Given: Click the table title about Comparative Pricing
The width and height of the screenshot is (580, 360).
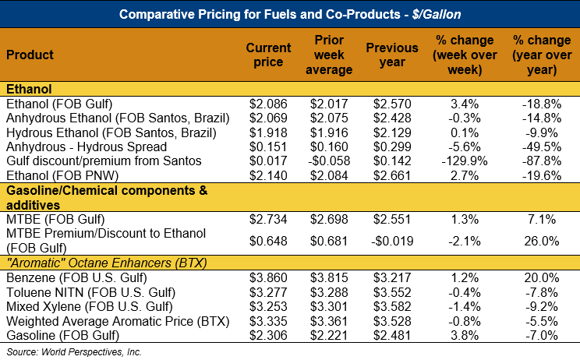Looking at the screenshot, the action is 290,14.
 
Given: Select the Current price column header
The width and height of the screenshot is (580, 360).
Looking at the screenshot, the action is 268,55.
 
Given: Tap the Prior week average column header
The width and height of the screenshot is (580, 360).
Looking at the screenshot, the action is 329,55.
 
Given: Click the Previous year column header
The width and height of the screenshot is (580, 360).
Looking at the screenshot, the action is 392,55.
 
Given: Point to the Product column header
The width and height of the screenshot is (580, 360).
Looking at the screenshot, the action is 30,55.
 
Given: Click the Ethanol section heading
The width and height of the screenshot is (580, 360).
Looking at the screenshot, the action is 29,89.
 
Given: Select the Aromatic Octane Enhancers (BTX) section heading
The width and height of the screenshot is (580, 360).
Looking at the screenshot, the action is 107,263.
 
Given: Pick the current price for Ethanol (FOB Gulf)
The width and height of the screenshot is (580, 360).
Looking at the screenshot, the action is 268,104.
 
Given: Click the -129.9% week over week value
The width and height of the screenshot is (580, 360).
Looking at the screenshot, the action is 465,161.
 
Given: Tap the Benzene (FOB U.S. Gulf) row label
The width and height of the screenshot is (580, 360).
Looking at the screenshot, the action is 76,277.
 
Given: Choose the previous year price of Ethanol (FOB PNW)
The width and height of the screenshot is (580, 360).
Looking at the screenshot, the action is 392,175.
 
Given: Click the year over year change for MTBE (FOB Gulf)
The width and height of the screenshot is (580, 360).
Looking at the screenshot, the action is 542,219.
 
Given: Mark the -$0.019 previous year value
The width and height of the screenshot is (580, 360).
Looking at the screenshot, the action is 392,241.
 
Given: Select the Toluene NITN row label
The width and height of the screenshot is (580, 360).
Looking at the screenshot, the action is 91,292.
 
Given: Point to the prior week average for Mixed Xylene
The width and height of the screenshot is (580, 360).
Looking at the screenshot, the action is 329,307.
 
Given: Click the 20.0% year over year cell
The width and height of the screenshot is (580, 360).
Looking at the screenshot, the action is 542,277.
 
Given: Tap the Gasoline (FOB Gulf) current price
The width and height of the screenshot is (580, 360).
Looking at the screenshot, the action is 268,335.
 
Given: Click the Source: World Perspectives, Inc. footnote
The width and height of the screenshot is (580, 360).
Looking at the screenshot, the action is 74,352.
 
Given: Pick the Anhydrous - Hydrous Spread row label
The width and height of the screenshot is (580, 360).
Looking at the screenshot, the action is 87,146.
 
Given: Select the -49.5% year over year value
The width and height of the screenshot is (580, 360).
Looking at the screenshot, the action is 542,146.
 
